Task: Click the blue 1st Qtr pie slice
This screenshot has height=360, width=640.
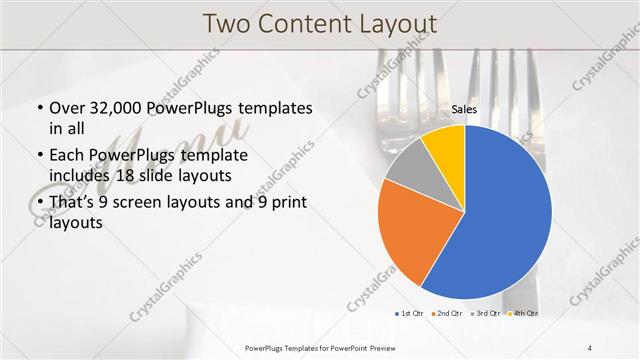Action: (500, 215)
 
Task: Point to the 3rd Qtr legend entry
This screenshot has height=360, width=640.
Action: (485, 313)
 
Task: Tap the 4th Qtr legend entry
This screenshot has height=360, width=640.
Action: (522, 313)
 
